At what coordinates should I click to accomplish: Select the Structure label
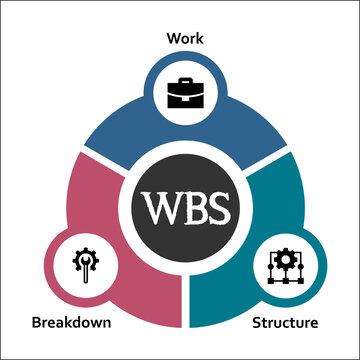pos(285,323)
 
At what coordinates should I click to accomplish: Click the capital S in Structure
pos(256,323)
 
